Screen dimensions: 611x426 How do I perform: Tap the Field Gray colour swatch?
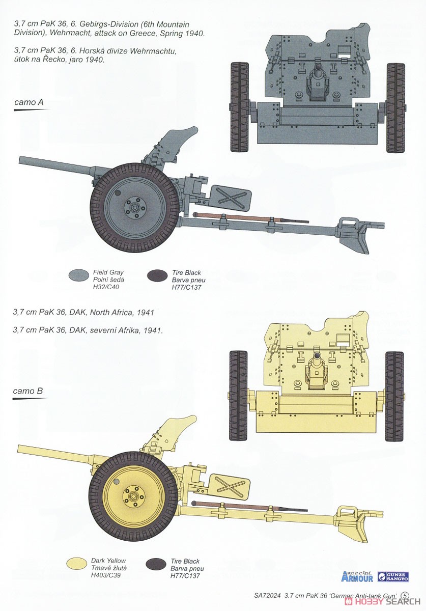point(78,275)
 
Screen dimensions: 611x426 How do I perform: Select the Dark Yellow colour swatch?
point(77,564)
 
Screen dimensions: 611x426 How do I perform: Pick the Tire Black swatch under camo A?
point(157,276)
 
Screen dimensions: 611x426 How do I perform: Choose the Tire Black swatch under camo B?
point(156,564)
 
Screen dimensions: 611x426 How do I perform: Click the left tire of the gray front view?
point(239,107)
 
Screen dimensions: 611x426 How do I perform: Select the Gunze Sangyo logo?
point(394,576)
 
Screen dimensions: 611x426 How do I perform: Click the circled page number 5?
point(405,595)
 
